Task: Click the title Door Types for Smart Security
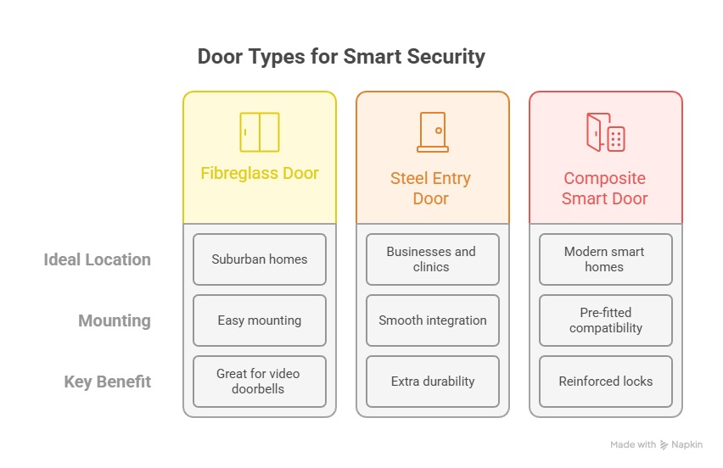pos(341,57)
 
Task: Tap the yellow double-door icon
pos(260,132)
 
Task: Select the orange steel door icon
pos(433,132)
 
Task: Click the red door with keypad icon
pos(605,132)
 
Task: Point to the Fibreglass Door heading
pos(260,173)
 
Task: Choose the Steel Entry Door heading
pos(431,188)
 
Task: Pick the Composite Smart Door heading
pos(604,188)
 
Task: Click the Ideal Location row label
pos(98,259)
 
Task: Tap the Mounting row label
pos(115,320)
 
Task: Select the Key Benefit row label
pos(108,382)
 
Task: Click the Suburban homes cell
pos(260,259)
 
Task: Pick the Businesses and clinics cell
pos(433,259)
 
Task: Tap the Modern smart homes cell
pos(605,259)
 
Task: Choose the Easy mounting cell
pos(260,320)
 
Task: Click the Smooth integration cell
pos(433,320)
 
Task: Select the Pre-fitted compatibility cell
pos(605,320)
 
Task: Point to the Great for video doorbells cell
pos(260,382)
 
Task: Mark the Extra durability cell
pos(433,382)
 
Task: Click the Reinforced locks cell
pos(605,382)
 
